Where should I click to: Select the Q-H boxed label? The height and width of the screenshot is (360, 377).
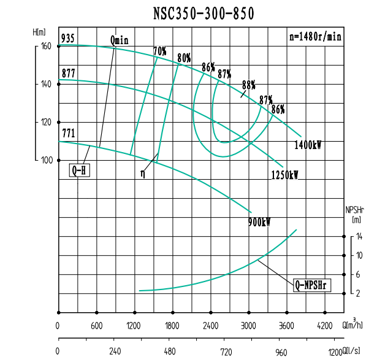point(79,170)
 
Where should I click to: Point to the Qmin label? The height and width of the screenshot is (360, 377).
point(120,40)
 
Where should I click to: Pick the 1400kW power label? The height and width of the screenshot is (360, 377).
point(308,145)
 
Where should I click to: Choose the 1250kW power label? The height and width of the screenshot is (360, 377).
point(285,175)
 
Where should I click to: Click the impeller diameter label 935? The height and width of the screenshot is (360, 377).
point(68,39)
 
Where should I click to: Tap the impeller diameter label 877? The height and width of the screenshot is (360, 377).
point(68,74)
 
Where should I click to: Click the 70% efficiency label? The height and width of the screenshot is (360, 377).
point(160,52)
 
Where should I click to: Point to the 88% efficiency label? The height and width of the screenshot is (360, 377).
point(249,85)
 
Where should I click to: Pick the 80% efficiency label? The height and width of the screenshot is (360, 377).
point(184,58)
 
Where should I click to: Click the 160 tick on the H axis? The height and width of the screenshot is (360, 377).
point(46,46)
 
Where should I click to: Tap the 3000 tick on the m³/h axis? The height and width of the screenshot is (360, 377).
point(249,326)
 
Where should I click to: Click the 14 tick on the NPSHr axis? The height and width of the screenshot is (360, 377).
point(359,236)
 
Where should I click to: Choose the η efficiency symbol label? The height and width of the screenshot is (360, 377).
point(143,174)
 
